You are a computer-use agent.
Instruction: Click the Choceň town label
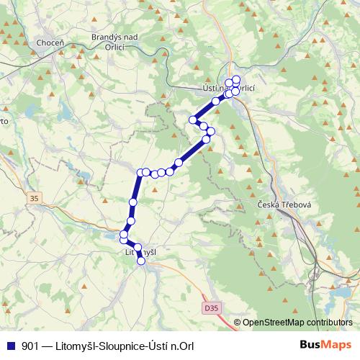point(50,43)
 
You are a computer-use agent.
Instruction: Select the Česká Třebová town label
point(284,205)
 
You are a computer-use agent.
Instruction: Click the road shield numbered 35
point(34,198)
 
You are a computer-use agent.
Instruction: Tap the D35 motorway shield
point(210,307)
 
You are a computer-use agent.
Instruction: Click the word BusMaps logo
point(325,344)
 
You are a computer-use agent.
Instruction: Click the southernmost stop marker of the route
point(141,261)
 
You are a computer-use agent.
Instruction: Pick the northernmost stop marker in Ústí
point(236,79)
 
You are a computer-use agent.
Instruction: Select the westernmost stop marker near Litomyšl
point(123,235)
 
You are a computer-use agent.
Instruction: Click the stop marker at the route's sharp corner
point(141,172)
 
